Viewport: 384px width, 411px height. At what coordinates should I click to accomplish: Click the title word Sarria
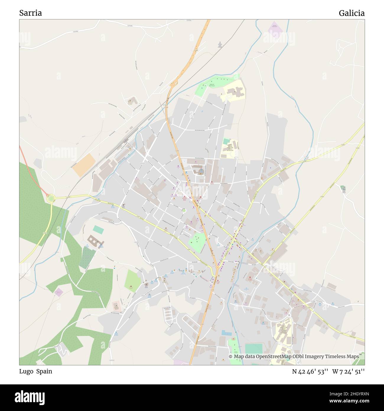[x=30, y=13]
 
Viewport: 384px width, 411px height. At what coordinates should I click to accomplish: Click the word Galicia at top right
[x=352, y=13]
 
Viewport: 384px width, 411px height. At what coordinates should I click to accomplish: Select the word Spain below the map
[x=44, y=371]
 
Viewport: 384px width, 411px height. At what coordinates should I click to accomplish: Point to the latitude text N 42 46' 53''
[x=310, y=371]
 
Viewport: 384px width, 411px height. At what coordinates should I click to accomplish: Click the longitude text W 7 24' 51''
[x=349, y=371]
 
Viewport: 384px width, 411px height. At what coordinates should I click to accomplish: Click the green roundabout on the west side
[x=51, y=198]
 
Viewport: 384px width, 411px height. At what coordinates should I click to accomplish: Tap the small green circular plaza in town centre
[x=184, y=210]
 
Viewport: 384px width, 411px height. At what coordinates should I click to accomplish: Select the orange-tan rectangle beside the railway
[x=84, y=165]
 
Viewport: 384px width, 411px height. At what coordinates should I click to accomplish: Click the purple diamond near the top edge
[x=275, y=30]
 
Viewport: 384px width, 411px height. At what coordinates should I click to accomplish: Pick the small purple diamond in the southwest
[x=58, y=292]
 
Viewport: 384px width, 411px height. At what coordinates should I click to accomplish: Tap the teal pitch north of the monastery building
[x=98, y=229]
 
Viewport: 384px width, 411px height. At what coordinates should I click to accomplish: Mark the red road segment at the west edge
[x=32, y=174]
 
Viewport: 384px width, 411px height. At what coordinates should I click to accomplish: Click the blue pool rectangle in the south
[x=227, y=333]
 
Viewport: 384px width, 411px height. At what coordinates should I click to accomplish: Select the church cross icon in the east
[x=343, y=188]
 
